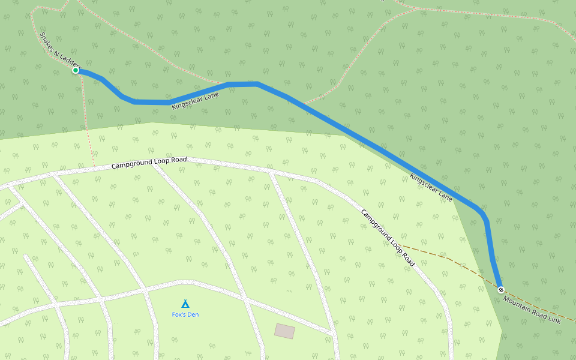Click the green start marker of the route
76,70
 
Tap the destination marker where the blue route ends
500,289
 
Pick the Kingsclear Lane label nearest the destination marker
431,187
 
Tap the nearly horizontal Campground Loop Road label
149,162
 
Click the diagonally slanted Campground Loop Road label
388,238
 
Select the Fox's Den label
185,314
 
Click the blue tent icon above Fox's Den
185,304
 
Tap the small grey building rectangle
285,331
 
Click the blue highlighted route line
360,138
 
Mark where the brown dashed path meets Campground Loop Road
402,245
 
